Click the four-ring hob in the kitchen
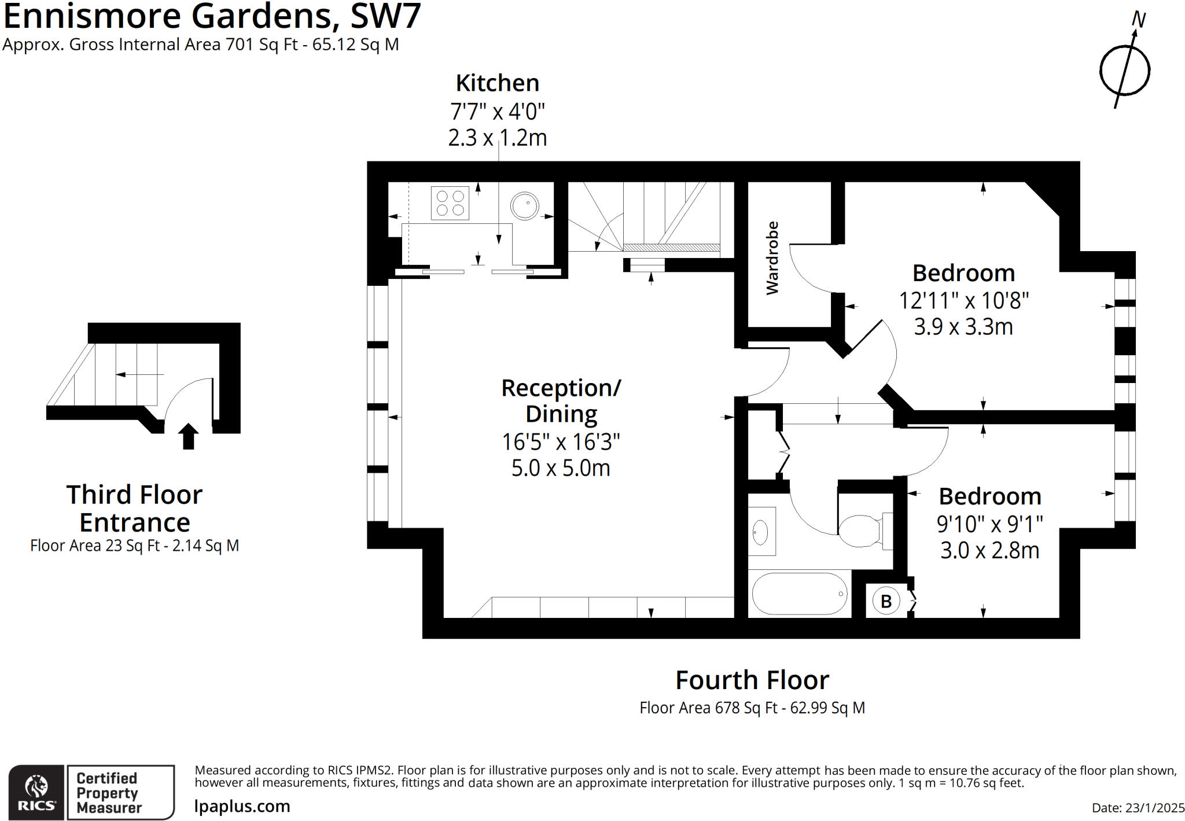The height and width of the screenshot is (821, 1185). click(x=450, y=203)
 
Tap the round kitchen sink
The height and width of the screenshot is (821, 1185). click(x=525, y=205)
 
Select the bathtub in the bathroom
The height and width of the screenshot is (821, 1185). click(x=799, y=594)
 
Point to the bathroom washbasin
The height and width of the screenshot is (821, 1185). click(x=760, y=531)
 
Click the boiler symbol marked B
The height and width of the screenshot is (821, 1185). click(x=886, y=601)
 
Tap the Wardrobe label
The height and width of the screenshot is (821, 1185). click(x=772, y=258)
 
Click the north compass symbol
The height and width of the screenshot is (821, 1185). click(x=1125, y=69)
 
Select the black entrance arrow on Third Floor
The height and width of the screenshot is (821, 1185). click(x=188, y=436)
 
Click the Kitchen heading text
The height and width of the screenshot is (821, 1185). click(x=498, y=83)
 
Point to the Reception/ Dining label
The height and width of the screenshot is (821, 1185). click(x=561, y=400)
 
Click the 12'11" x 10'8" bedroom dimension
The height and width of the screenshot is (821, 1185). click(x=963, y=301)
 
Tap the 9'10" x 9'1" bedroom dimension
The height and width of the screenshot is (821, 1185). click(x=989, y=524)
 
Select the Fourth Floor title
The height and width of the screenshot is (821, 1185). click(x=752, y=680)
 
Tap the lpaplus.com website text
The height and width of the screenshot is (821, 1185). click(x=242, y=806)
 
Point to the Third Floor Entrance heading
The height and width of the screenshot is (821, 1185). click(x=134, y=509)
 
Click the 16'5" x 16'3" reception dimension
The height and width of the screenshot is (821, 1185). click(x=561, y=442)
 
